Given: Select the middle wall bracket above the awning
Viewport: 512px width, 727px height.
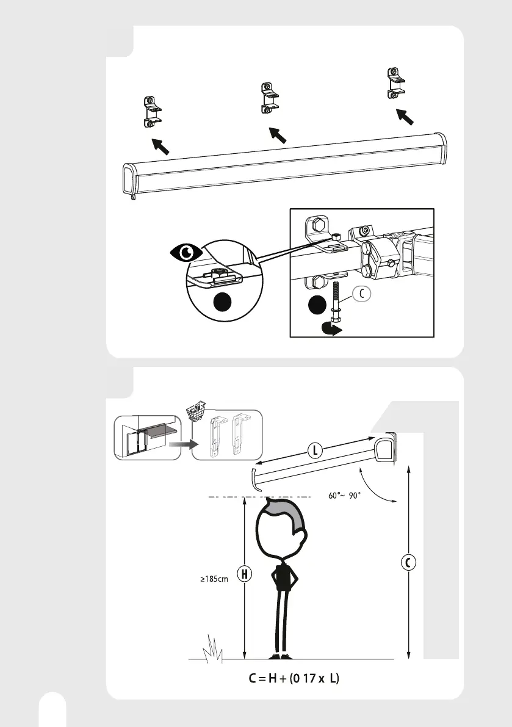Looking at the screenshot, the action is coord(269,98).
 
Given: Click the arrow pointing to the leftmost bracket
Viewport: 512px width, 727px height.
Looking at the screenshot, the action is coord(159,145).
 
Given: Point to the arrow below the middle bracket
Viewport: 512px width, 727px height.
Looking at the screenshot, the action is coord(278,134).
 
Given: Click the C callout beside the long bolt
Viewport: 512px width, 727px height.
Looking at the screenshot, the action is coord(361,294).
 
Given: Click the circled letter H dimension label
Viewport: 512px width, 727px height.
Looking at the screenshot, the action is coord(243,574).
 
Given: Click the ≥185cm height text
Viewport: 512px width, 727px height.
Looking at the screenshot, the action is coord(214,579).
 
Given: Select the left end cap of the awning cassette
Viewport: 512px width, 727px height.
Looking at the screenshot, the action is coord(130,180).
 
